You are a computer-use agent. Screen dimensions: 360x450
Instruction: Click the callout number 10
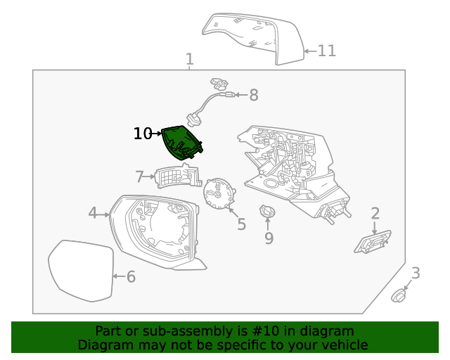[142, 134]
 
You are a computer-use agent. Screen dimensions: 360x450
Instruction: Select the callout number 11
[326, 51]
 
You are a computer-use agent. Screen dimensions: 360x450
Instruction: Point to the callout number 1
[189, 59]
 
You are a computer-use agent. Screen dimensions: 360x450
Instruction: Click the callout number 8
[253, 95]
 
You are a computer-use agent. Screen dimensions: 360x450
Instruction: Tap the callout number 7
[139, 176]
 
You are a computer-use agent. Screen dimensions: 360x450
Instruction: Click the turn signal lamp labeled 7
[176, 176]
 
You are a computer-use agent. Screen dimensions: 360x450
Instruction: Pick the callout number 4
[93, 212]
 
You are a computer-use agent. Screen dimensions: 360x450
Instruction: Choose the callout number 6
[131, 277]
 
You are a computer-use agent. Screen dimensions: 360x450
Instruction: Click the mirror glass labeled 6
[82, 271]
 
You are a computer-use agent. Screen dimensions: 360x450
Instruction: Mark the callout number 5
[241, 224]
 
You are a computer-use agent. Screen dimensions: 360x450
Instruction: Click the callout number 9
[269, 239]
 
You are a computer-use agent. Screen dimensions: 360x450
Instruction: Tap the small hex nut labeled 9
[267, 211]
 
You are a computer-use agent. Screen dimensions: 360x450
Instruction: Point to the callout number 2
[375, 213]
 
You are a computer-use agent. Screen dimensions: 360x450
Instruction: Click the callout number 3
[416, 274]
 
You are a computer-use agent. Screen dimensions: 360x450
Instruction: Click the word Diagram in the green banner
[103, 345]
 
